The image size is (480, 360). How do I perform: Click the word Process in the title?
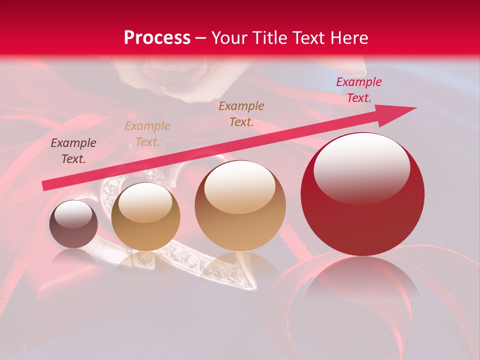[x=157, y=38]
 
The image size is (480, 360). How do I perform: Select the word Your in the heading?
[x=227, y=38]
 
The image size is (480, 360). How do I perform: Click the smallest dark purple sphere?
[x=73, y=224]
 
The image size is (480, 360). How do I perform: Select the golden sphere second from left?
[x=145, y=217]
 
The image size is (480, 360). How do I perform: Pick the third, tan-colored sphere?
[x=240, y=205]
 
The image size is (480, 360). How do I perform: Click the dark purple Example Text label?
[x=73, y=151]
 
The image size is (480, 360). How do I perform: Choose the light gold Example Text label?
[x=147, y=134]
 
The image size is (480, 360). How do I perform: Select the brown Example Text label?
[x=241, y=113]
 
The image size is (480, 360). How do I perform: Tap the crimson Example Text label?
[x=358, y=90]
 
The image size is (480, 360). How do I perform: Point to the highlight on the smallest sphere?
[x=73, y=214]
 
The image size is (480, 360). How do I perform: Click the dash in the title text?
[x=201, y=38]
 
